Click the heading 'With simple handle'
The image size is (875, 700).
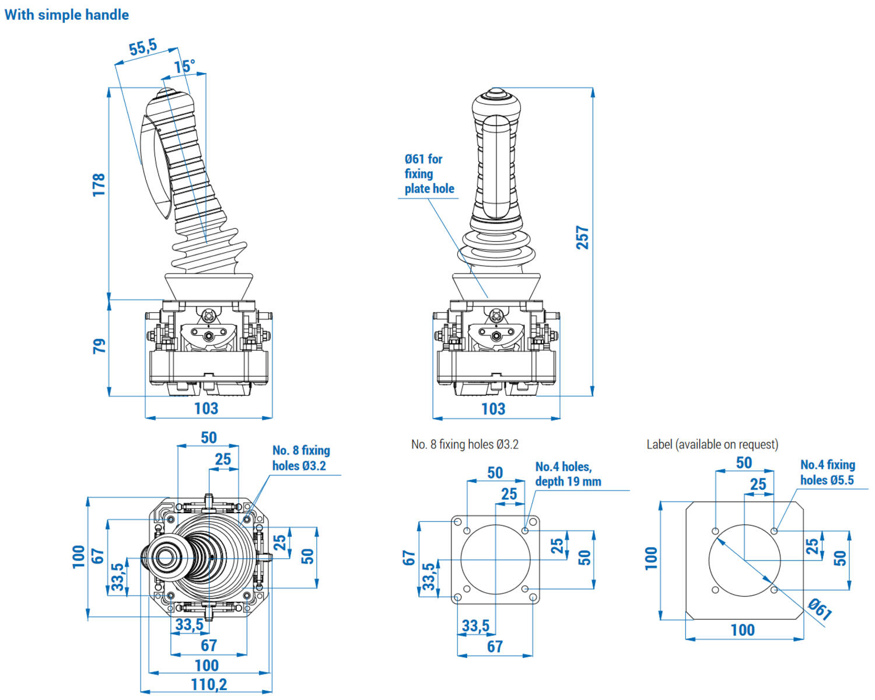[x=66, y=15]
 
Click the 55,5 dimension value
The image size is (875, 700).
[x=143, y=47]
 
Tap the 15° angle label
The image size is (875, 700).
[x=184, y=67]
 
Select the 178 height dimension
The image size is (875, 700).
[x=99, y=184]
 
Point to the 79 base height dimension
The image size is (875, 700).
[x=100, y=346]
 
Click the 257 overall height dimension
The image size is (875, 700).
[x=582, y=238]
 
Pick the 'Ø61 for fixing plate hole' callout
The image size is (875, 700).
[x=428, y=174]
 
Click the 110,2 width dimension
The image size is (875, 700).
[x=209, y=684]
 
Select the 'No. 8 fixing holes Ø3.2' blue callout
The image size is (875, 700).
[x=301, y=458]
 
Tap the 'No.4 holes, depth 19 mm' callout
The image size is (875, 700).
[x=568, y=474]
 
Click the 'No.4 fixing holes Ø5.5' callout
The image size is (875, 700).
[x=827, y=472]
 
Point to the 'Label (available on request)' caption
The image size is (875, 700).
[x=712, y=444]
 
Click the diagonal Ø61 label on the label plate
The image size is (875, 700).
[x=820, y=608]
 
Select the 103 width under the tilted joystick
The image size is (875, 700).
[x=206, y=408]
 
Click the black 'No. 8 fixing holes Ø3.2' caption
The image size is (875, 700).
[x=465, y=444]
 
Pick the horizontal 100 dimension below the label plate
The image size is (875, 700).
[x=743, y=630]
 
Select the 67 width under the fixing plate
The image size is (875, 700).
[x=495, y=646]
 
